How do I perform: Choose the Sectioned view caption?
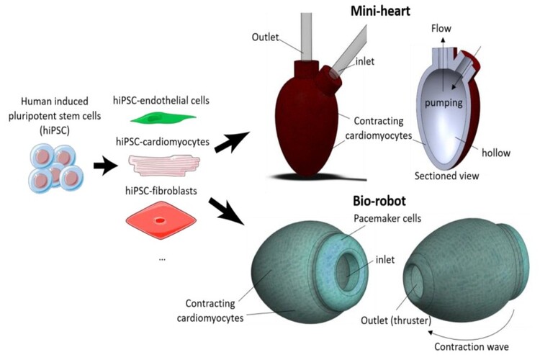(x=447, y=175)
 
